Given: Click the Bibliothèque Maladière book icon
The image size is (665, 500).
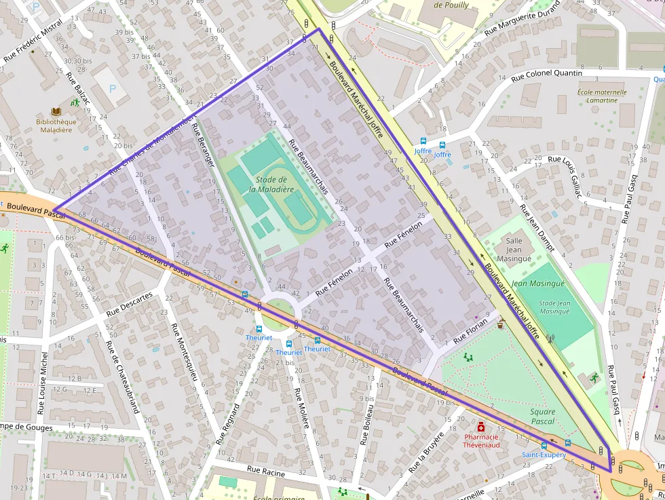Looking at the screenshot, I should pos(56,111).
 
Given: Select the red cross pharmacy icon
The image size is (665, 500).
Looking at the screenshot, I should pos(481,427).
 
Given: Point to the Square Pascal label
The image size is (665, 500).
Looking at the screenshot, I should pos(542,417).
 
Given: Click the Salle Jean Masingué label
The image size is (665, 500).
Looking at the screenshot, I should pos(514,250).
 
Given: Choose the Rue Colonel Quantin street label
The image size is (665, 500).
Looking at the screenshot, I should pos(546,73).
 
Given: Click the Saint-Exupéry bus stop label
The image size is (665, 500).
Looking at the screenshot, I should pos(544,455).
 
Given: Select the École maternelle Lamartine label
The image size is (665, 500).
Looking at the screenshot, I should pos(602,96).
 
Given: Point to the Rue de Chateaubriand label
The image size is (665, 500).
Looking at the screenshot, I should pos(122,376).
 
